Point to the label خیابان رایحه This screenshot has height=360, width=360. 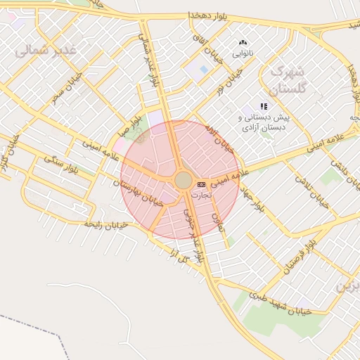[105, 223]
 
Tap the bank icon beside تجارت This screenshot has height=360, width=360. [202, 184]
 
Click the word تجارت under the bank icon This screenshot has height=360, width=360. [202, 194]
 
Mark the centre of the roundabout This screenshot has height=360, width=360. [182, 181]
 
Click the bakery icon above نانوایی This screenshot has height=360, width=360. [243, 43]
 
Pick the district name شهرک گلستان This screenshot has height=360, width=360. [289, 80]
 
